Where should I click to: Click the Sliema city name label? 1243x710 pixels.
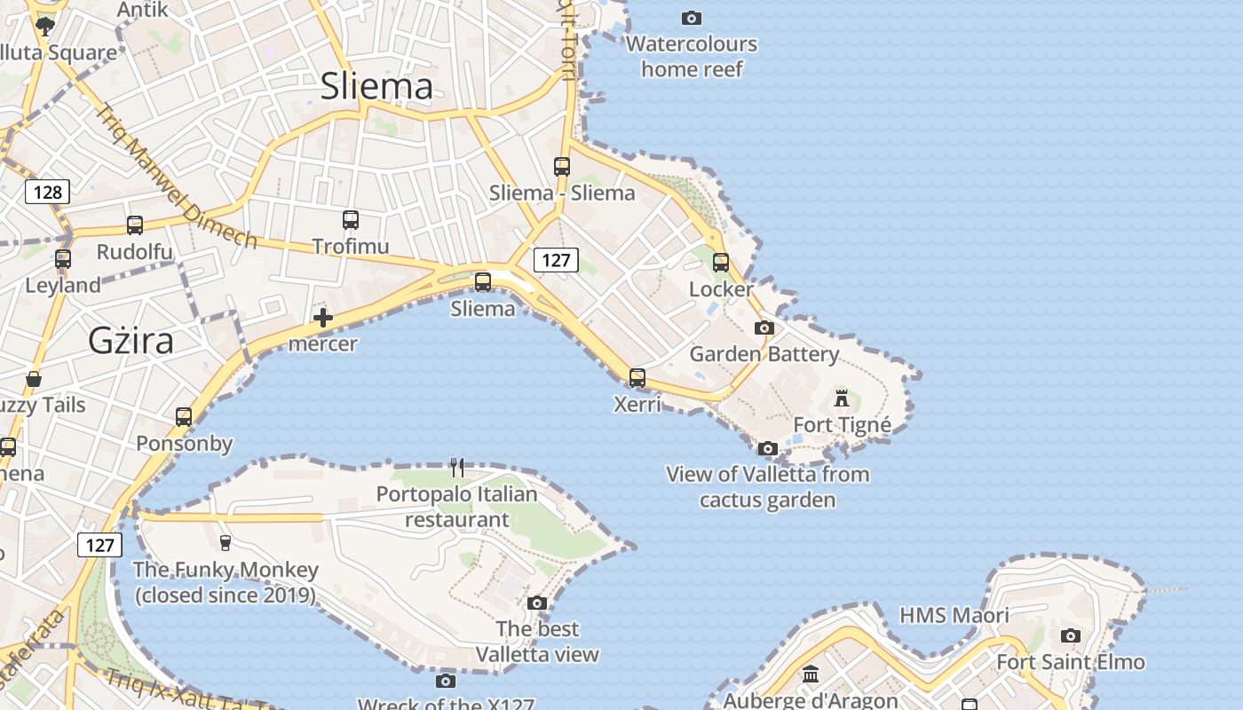[376, 86]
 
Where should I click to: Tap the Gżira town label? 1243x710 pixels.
[131, 341]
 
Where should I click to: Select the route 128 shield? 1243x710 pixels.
[47, 192]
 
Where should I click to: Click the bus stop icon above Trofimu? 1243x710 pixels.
[351, 219]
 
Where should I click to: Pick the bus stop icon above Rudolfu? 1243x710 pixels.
[135, 225]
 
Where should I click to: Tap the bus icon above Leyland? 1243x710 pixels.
[63, 259]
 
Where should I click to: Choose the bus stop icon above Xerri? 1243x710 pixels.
[637, 378]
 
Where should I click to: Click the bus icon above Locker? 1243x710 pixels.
[721, 263]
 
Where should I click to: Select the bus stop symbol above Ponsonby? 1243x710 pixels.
[184, 417]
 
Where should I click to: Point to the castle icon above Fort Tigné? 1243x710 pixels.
[842, 398]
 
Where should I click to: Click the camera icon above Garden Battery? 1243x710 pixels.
[764, 327]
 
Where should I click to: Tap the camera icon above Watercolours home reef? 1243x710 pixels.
[691, 18]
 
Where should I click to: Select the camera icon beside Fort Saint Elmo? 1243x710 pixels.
[1071, 635]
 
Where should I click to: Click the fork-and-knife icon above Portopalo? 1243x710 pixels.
[457, 468]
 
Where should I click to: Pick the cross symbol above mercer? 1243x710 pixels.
[323, 318]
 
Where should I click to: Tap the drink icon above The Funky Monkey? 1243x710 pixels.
[226, 543]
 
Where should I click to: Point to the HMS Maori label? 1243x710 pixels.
[954, 615]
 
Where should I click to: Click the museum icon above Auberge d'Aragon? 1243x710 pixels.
[811, 675]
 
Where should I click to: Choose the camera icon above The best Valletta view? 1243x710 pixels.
[536, 603]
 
